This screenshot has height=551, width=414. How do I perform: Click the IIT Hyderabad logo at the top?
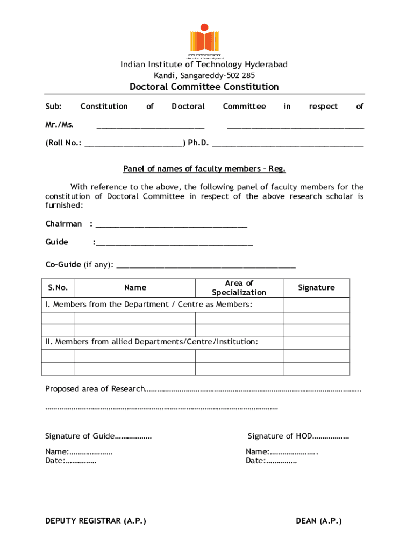(x=204, y=40)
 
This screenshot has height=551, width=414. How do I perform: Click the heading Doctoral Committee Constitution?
(x=204, y=87)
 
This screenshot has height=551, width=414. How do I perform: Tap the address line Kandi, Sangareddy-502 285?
(x=204, y=75)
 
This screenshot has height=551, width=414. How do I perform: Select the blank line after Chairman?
(x=170, y=224)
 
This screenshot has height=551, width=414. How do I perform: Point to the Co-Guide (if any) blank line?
(x=206, y=265)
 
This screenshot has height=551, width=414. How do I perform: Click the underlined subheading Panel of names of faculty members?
(x=204, y=169)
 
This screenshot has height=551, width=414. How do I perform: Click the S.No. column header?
(x=58, y=288)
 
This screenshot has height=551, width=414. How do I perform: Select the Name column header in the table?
(x=135, y=288)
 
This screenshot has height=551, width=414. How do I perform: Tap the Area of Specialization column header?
(x=239, y=288)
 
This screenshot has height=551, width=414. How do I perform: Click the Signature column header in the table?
(x=316, y=288)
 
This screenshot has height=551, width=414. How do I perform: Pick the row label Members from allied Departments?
(x=151, y=342)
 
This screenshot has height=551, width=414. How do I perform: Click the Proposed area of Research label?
(x=95, y=389)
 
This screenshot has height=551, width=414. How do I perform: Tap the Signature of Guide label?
(x=80, y=436)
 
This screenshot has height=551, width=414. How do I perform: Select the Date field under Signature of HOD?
(x=271, y=461)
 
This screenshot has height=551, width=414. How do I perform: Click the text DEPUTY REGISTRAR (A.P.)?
(x=96, y=521)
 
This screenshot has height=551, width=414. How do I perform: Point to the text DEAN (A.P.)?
(x=319, y=521)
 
